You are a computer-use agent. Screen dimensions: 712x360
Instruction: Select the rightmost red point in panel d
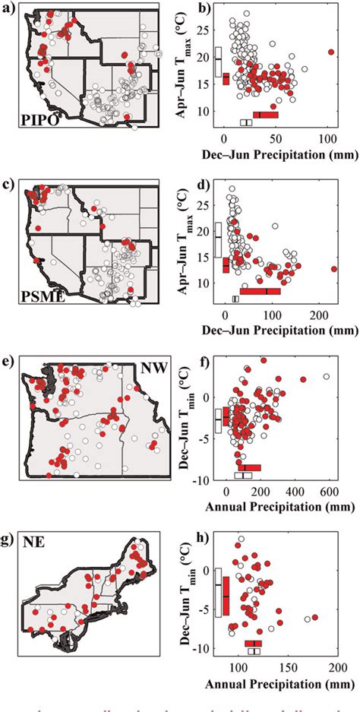point(335,269)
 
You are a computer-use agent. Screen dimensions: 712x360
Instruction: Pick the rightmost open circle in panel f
point(327,376)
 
